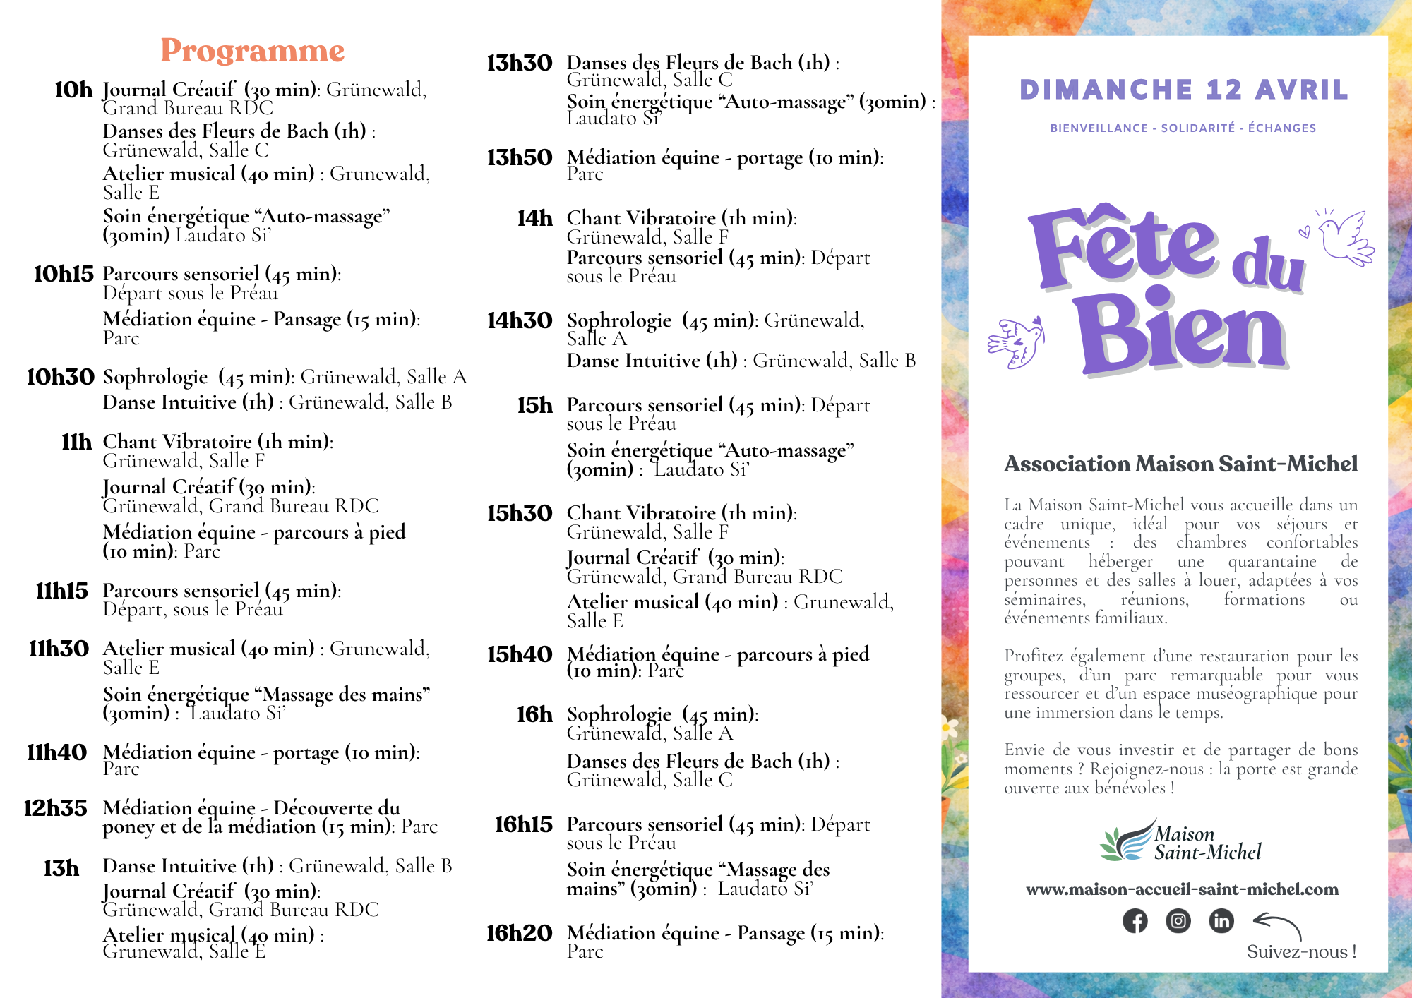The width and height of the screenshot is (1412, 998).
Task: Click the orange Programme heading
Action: [x=252, y=51]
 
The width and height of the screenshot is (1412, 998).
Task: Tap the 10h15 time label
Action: [x=64, y=274]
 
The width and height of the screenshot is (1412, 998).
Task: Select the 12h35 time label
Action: [x=55, y=808]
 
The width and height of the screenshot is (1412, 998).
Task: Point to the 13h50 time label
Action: [x=520, y=157]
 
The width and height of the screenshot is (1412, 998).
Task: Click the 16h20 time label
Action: [x=519, y=933]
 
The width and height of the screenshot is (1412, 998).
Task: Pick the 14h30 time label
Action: [x=520, y=320]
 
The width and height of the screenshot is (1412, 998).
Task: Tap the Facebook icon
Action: [x=1135, y=921]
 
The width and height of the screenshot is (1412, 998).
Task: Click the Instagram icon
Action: [x=1178, y=921]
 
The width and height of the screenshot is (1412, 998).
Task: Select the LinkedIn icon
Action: [x=1221, y=921]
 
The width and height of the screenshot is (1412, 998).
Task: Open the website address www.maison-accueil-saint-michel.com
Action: [x=1182, y=889]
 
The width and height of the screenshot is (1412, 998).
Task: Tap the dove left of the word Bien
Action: [x=1017, y=342]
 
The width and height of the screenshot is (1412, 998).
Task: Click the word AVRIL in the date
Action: [x=1302, y=90]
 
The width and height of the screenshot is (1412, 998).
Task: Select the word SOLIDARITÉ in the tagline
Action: [x=1198, y=128]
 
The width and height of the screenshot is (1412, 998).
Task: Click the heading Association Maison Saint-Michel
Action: [x=1180, y=464]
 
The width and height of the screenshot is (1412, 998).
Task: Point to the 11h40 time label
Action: [x=56, y=752]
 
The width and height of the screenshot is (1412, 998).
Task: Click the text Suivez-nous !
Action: [x=1301, y=952]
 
